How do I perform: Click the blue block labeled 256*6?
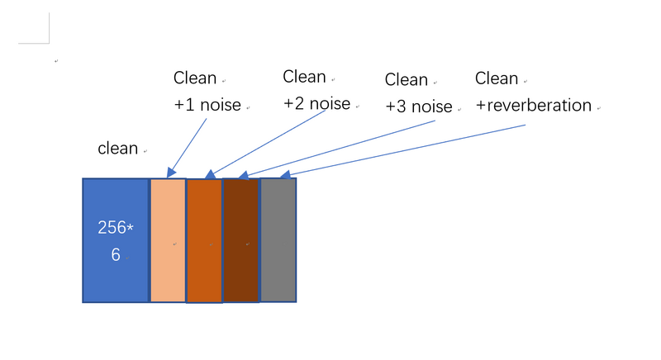(115, 240)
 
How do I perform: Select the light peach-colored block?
(168, 240)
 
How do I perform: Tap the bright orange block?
(204, 240)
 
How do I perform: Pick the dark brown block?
(240, 240)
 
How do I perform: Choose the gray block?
(278, 240)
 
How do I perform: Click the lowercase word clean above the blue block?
(118, 149)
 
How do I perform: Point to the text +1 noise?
(207, 106)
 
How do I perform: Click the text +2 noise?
(316, 104)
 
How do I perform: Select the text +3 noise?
(419, 107)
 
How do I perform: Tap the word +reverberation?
(534, 106)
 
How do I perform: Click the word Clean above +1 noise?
(195, 78)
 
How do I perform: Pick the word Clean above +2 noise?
(304, 77)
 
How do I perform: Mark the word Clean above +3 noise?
(407, 80)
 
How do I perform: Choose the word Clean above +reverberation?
(497, 78)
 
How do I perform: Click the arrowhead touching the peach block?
(171, 172)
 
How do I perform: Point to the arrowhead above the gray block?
(285, 174)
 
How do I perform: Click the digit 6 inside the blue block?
(116, 255)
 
